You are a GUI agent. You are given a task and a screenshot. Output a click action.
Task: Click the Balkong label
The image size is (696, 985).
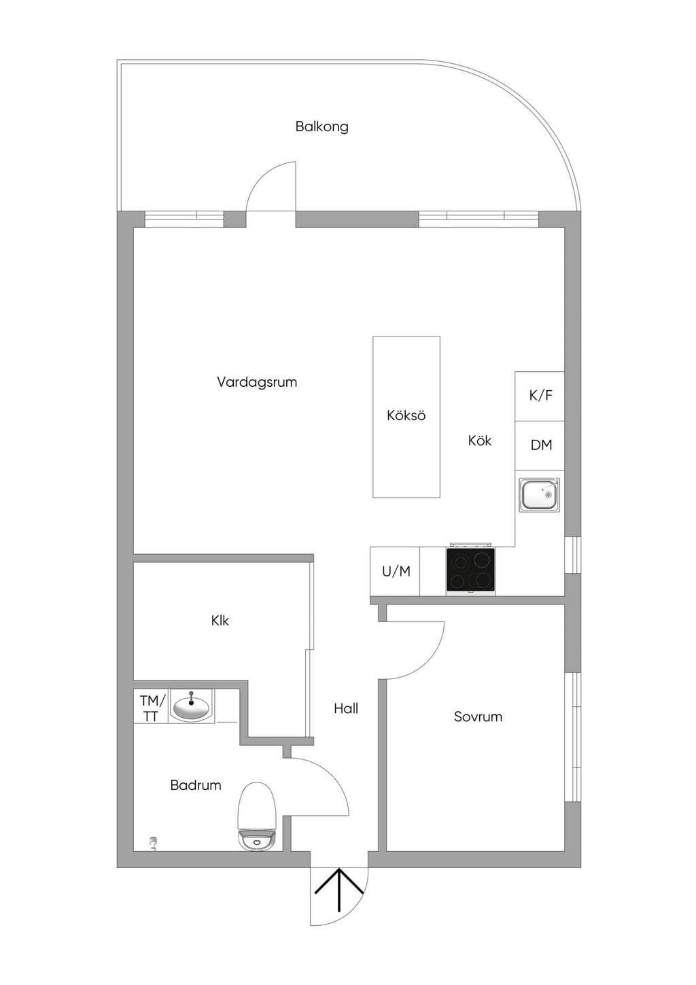tap(322, 127)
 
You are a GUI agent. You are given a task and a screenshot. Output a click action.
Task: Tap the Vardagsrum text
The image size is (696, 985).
tap(257, 381)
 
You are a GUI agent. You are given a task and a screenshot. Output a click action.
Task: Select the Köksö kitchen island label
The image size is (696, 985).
tap(406, 415)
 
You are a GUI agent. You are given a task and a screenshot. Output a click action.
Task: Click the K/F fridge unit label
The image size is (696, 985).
tap(540, 396)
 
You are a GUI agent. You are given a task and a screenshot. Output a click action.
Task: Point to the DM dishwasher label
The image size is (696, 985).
tap(541, 445)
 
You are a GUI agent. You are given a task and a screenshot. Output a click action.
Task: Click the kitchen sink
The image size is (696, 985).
tap(540, 495)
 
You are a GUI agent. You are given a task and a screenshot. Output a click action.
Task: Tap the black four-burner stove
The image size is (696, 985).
tap(470, 570)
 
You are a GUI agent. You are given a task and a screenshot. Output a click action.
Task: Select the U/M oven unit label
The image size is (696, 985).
tap(396, 571)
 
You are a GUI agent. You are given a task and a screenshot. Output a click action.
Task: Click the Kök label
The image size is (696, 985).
tap(480, 440)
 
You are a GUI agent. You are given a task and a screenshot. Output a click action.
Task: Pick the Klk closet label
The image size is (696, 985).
tap(220, 621)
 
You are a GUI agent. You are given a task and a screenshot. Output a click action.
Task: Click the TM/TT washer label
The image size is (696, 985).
tap(151, 708)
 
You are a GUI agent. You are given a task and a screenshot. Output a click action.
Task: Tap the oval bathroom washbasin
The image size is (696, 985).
tap(191, 707)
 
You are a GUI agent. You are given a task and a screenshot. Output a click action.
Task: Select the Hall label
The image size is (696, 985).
tap(346, 708)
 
